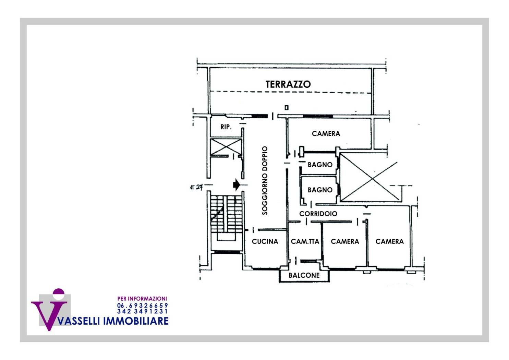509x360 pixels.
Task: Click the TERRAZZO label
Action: [288, 84]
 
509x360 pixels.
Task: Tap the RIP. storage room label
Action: [226, 127]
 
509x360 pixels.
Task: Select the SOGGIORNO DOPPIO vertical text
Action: [265, 180]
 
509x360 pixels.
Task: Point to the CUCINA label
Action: [265, 241]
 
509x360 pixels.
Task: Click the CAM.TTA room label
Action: [305, 241]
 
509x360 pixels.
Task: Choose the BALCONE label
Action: [304, 275]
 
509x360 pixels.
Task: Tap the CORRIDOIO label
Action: [318, 214]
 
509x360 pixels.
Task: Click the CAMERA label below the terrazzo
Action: [326, 134]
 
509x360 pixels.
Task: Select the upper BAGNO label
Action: [320, 165]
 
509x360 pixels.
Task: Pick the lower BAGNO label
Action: [320, 190]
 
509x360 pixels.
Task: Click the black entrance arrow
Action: [237, 185]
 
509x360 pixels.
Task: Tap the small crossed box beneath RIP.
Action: [226, 147]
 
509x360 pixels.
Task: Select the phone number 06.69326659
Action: [143, 305]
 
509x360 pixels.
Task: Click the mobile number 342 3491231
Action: [143, 311]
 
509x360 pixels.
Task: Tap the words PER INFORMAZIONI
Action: [142, 299]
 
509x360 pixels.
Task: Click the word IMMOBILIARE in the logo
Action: [136, 321]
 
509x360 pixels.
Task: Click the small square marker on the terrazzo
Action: [287, 108]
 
